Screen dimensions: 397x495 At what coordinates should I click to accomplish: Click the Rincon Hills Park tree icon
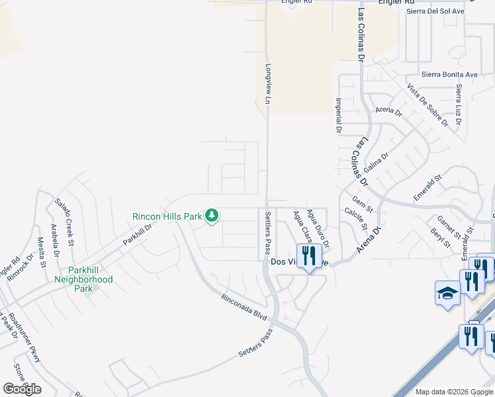tap(212, 216)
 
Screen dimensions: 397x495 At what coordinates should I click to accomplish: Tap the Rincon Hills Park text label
tap(168, 216)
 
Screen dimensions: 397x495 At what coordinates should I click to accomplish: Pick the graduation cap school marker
tap(447, 294)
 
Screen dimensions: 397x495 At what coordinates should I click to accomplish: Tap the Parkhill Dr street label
tap(138, 234)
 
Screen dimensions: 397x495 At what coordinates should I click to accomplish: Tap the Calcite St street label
tap(355, 218)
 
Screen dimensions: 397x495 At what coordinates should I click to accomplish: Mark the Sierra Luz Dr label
tap(458, 105)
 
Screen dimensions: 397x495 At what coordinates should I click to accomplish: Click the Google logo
tap(22, 389)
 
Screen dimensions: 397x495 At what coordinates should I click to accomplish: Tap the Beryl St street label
tap(439, 239)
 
